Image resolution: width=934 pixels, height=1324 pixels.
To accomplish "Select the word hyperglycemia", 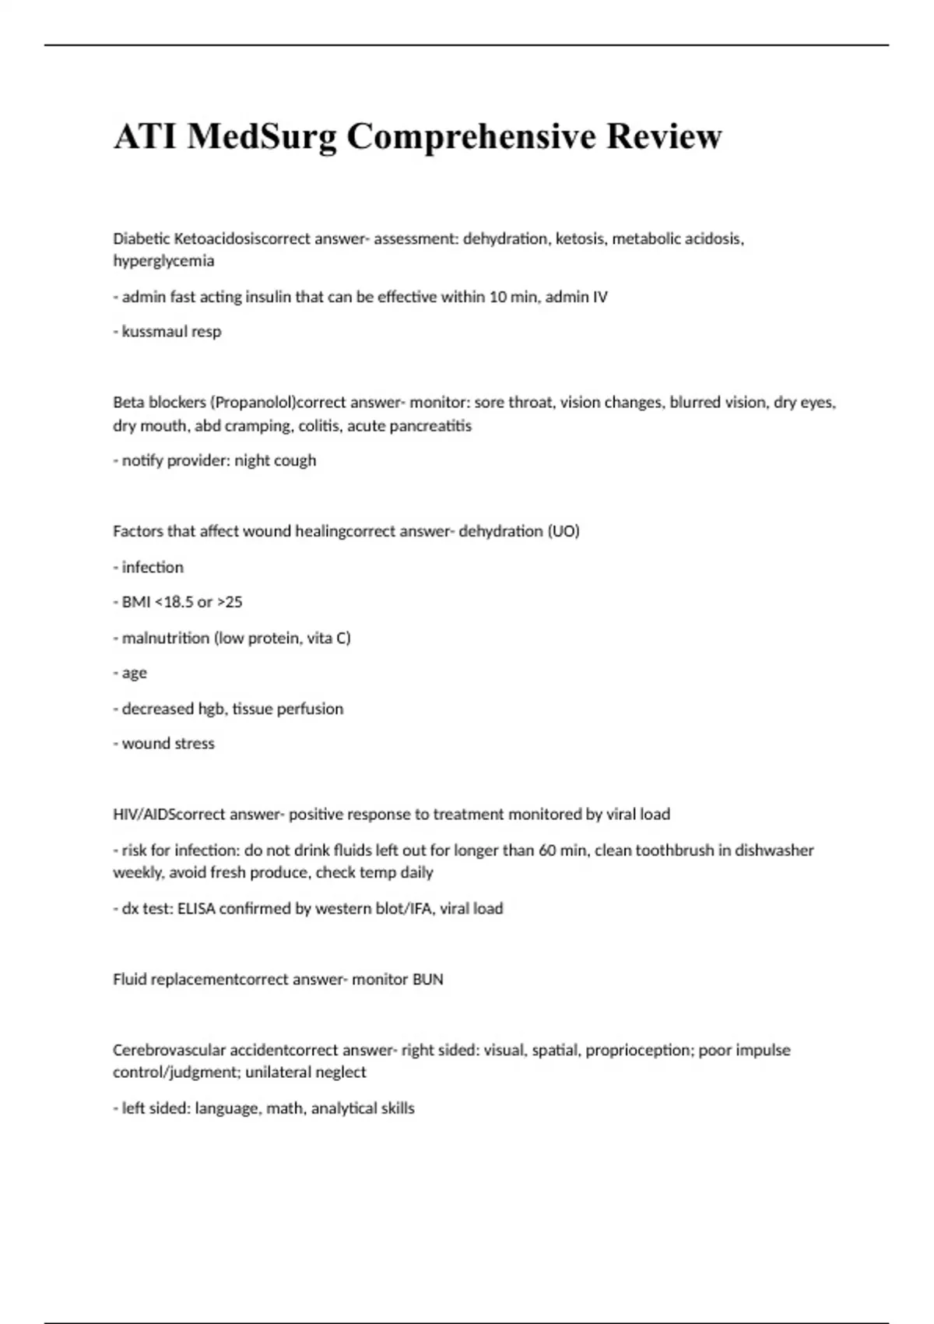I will (163, 261).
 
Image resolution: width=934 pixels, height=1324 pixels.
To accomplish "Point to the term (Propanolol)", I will (253, 403).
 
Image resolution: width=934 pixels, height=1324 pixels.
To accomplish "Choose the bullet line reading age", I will (134, 673).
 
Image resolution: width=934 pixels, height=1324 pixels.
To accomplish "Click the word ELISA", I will (196, 909).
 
